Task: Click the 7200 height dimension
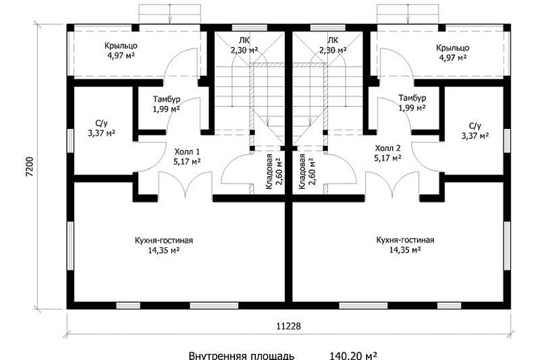[30, 167]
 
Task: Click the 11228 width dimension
[289, 326]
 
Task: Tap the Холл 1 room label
[187, 156]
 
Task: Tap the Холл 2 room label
[387, 153]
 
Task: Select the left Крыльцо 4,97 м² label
[121, 50]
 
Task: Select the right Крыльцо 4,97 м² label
[452, 52]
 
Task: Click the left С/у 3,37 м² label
[101, 128]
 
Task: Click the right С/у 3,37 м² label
[475, 131]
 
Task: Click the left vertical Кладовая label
[274, 171]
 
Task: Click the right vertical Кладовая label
[307, 171]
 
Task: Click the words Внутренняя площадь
[242, 356]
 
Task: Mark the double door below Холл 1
[185, 185]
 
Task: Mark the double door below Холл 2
[392, 185]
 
